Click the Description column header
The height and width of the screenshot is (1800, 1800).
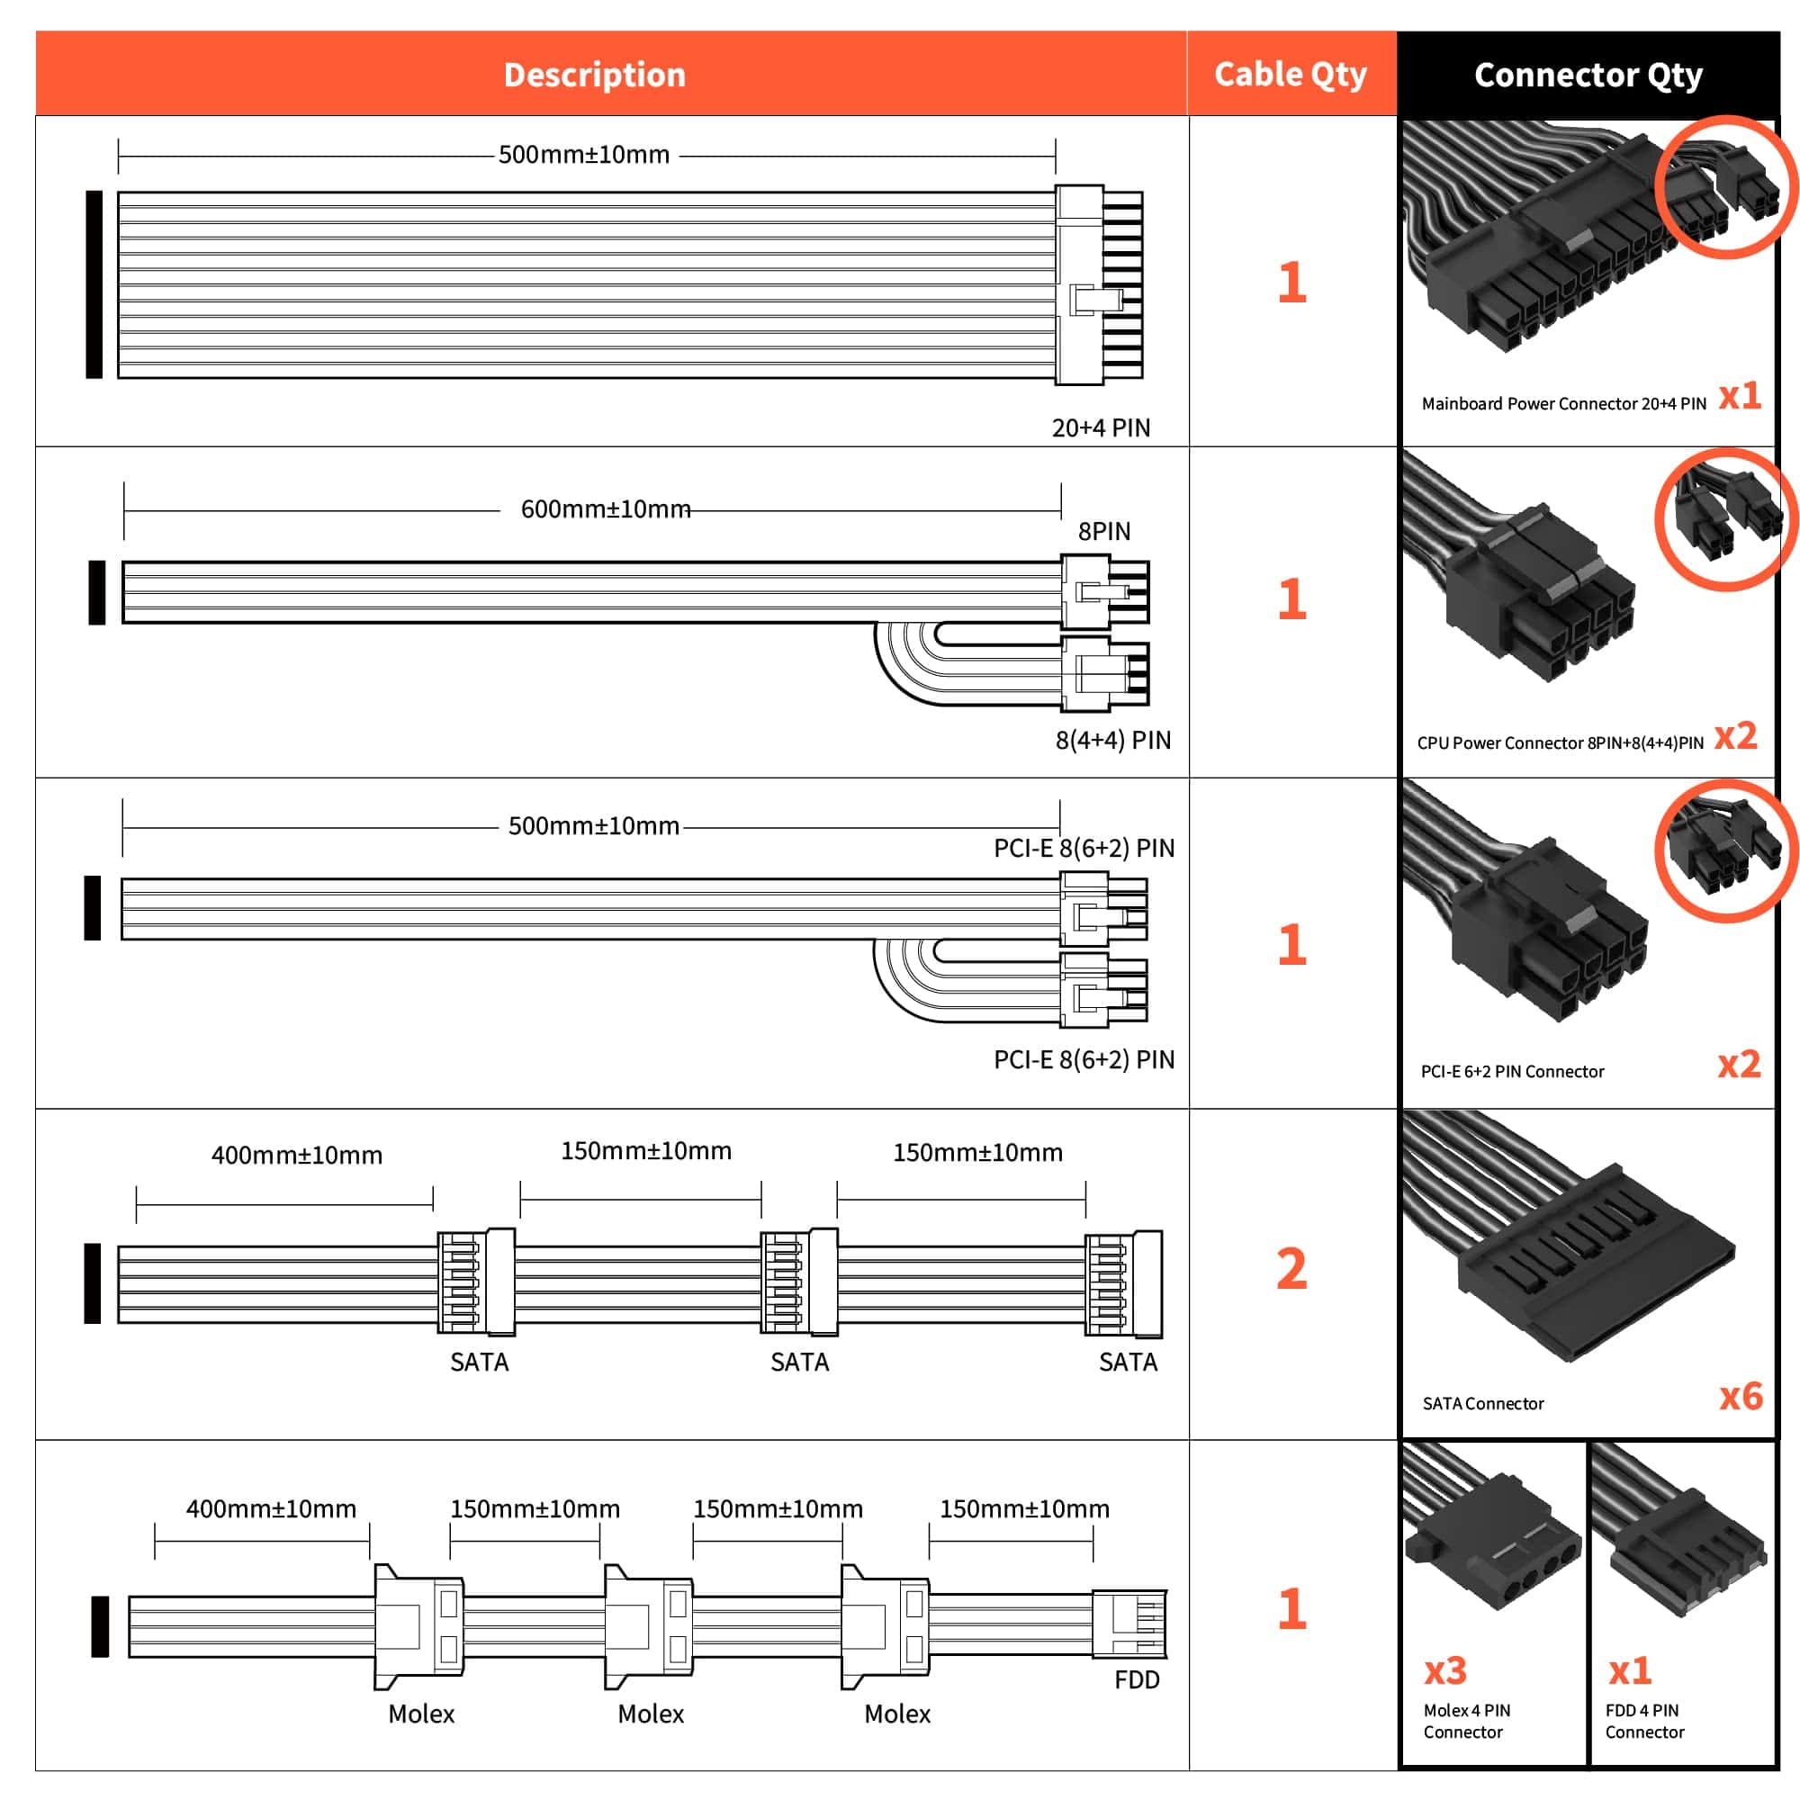point(594,75)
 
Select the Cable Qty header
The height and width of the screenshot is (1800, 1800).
point(1291,75)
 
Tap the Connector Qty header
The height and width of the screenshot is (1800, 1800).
point(1588,75)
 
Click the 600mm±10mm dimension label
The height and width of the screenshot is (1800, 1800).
point(606,509)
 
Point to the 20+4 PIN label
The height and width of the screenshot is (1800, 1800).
point(1101,427)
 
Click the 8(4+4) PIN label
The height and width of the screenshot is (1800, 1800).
point(1112,740)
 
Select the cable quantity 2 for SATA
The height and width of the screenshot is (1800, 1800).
point(1291,1269)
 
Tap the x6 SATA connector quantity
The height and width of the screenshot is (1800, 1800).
point(1741,1396)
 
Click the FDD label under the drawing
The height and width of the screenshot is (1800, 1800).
point(1137,1679)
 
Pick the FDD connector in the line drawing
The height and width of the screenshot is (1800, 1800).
point(1129,1623)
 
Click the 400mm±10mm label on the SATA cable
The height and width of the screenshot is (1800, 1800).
point(296,1156)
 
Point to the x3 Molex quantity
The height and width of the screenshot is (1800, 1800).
point(1445,1671)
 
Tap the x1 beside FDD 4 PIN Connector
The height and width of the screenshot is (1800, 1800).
point(1630,1671)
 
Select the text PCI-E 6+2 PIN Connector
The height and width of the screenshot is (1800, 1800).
point(1512,1071)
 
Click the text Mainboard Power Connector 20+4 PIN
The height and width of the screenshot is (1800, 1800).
point(1563,403)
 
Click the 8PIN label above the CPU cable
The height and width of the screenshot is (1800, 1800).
point(1104,531)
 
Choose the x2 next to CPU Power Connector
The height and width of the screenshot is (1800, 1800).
point(1736,736)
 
